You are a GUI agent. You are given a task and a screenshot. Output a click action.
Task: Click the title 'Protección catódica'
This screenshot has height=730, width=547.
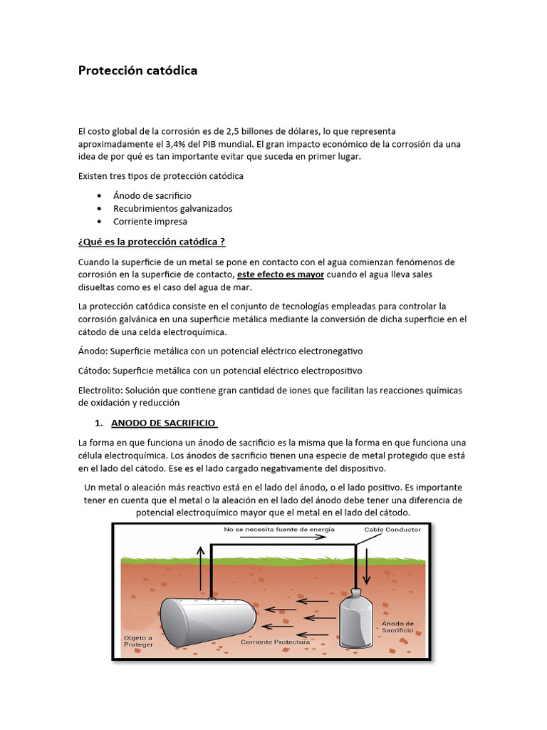pyautogui.click(x=137, y=71)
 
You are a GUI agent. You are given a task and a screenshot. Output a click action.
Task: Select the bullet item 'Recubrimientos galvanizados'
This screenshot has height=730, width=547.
pyautogui.click(x=172, y=208)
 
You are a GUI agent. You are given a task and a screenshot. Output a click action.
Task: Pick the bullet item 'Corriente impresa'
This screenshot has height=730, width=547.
pyautogui.click(x=150, y=222)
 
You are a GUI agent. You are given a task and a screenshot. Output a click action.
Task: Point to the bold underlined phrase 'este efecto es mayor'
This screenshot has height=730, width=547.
pyautogui.click(x=281, y=274)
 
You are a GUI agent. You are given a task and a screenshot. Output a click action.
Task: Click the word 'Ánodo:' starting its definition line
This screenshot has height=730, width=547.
pyautogui.click(x=93, y=351)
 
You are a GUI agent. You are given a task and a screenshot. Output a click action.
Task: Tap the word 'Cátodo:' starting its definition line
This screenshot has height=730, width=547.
pyautogui.click(x=95, y=371)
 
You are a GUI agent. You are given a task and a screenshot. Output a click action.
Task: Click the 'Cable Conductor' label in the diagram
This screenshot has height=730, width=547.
pyautogui.click(x=392, y=530)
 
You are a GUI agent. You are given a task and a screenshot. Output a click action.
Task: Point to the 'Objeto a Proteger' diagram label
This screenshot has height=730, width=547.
pyautogui.click(x=138, y=641)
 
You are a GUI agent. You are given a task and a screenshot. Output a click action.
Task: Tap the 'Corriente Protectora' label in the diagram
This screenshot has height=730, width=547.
pyautogui.click(x=275, y=642)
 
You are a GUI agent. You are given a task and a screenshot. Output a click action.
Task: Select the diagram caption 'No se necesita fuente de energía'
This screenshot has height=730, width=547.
pyautogui.click(x=278, y=530)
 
